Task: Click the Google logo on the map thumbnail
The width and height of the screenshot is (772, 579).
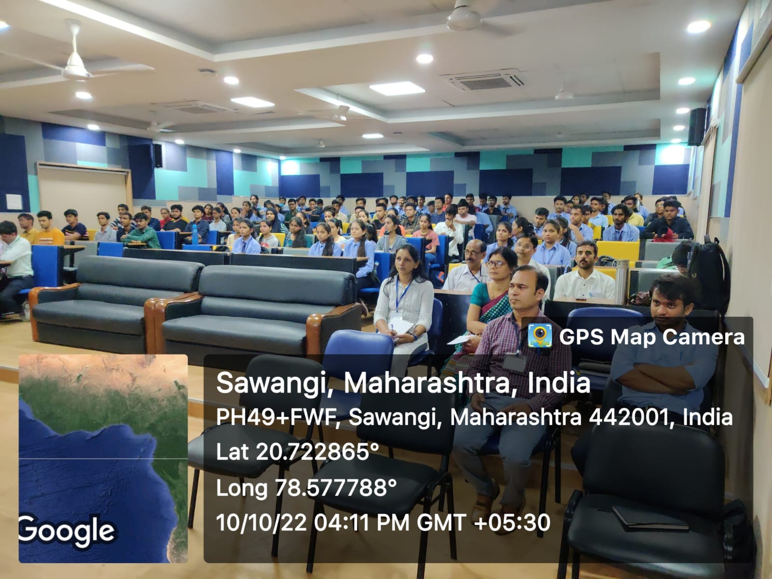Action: pos(67,531)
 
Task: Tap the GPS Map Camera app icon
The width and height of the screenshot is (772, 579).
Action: pos(539,336)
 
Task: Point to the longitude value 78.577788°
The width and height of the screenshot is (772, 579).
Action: pos(335,488)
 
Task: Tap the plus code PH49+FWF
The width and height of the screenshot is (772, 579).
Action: pos(275,417)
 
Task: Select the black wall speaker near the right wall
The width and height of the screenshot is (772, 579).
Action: pos(697,126)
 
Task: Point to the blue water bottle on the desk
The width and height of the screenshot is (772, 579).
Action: pos(195,234)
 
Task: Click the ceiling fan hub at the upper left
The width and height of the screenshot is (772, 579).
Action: pos(75,69)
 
